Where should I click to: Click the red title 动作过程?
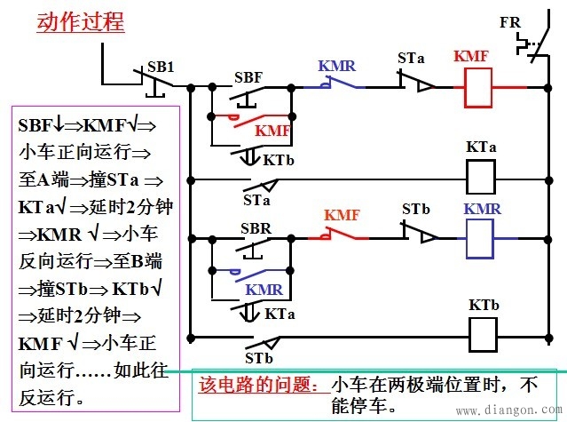pos(80,21)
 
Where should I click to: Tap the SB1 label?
pos(161,67)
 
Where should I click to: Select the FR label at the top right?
pos(510,21)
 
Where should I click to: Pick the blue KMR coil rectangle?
pos(479,240)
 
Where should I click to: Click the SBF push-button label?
pos(248,76)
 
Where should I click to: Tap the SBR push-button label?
pos(256,228)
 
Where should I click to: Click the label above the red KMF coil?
pos(470,56)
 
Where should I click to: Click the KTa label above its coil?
pos(481,147)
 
